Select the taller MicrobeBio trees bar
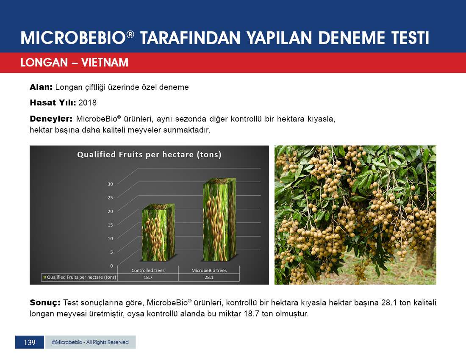(219, 220)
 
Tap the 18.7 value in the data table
(148, 277)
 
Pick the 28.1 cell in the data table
(209, 277)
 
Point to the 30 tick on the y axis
(110, 184)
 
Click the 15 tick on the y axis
(110, 225)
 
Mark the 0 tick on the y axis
(111, 266)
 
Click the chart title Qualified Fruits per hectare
(149, 155)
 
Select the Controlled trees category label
(148, 271)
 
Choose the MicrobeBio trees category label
(209, 271)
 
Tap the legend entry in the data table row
(79, 277)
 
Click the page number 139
(30, 343)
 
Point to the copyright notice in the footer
(90, 342)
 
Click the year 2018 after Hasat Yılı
(87, 103)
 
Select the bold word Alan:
(41, 87)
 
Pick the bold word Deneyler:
(51, 119)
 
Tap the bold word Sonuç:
(45, 303)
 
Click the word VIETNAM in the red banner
(105, 63)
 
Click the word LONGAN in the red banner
(44, 63)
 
